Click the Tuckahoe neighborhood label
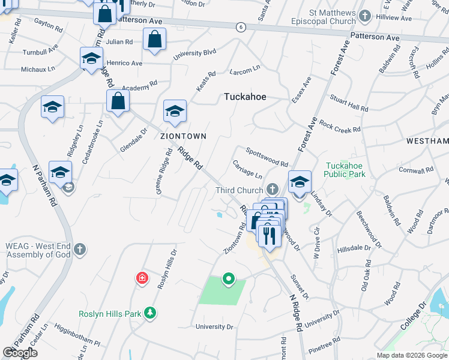click(245, 97)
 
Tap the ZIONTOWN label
click(183, 136)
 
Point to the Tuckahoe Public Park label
click(345, 170)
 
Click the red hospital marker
click(142, 278)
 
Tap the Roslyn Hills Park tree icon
click(151, 313)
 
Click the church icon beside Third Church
click(273, 190)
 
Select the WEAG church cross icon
click(80, 249)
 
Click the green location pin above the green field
click(228, 278)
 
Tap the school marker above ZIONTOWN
click(175, 111)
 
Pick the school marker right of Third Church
click(300, 181)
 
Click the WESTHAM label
click(427, 141)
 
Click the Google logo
click(20, 353)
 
